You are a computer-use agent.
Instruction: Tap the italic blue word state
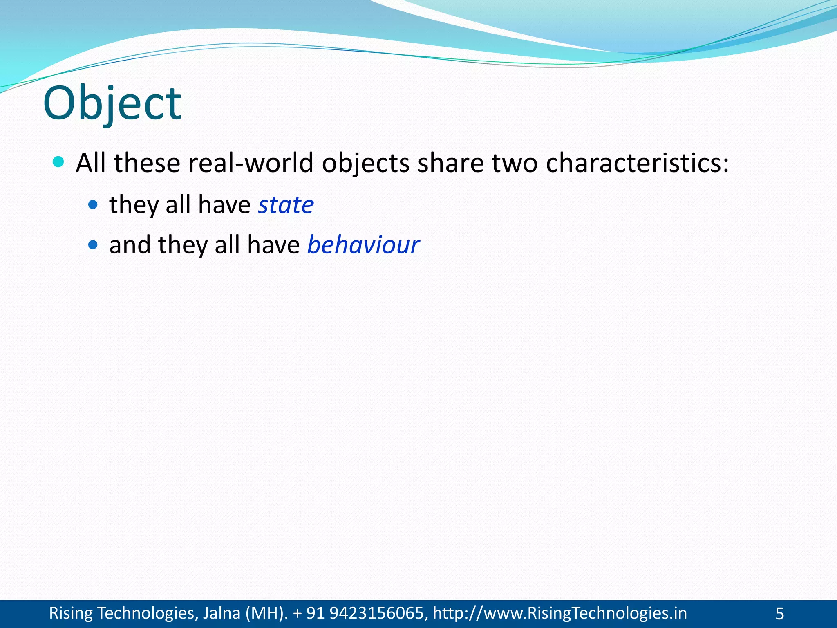coord(286,204)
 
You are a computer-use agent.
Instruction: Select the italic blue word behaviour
coord(363,245)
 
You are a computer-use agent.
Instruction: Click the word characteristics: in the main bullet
coord(637,163)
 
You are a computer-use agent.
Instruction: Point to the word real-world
coord(251,163)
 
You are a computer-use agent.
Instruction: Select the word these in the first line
coord(147,163)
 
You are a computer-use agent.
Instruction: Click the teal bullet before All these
coord(59,162)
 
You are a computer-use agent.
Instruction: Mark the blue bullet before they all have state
coord(93,204)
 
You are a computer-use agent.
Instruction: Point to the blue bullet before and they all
coord(93,245)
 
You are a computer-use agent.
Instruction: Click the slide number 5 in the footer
coord(779,614)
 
